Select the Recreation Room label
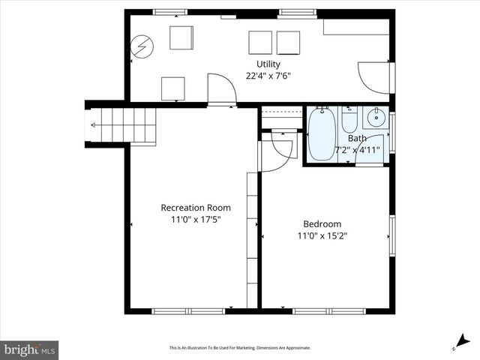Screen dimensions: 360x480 click(196, 208)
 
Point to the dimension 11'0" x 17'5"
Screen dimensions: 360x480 click(196, 220)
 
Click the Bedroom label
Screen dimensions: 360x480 click(322, 224)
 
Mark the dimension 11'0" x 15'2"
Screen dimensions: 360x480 click(322, 236)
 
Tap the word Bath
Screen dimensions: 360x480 click(357, 138)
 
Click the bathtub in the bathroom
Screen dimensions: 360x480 click(322, 135)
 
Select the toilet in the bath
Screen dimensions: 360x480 click(349, 120)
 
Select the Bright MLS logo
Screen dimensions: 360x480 click(30, 349)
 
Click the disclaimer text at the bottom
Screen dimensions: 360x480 click(239, 348)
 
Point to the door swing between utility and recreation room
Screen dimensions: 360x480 click(220, 88)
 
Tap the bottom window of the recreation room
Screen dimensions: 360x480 click(188, 310)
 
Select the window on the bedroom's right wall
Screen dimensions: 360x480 click(391, 237)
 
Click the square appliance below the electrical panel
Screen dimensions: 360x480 click(172, 88)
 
